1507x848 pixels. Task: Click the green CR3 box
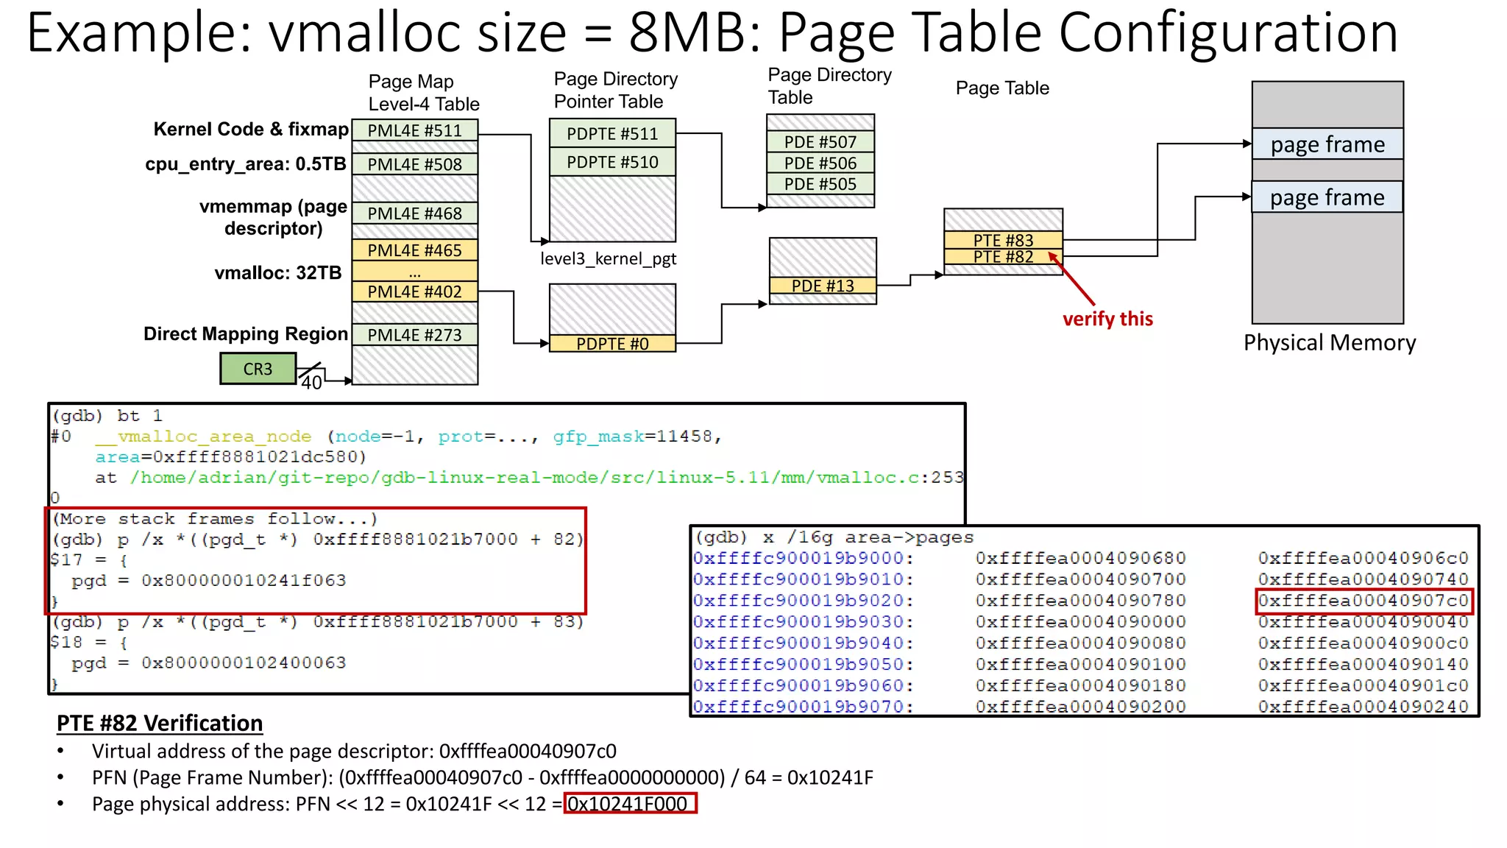pos(258,369)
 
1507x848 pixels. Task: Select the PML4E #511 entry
pos(414,130)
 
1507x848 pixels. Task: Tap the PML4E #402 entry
pos(414,291)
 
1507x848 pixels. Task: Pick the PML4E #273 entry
pos(414,335)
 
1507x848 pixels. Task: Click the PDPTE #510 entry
pos(612,162)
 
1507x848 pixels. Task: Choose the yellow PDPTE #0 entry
pos(612,344)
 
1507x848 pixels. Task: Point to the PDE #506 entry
pos(820,163)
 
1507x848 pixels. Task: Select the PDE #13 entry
pos(823,286)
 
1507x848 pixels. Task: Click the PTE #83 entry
pos(1003,240)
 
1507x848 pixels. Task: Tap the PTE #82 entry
pos(1003,257)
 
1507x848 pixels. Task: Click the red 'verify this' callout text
pos(1107,319)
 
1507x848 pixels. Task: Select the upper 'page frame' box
pos(1327,144)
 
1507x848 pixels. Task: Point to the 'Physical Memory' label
pos(1329,343)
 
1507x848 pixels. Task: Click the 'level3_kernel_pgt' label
pos(608,259)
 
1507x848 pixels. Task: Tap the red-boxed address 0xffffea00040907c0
pos(1363,601)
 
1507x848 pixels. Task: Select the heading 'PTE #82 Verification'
pos(160,723)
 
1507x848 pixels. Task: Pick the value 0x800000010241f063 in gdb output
pos(244,580)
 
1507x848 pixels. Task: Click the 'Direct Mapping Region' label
pos(245,334)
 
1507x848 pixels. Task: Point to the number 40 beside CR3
pos(311,383)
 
